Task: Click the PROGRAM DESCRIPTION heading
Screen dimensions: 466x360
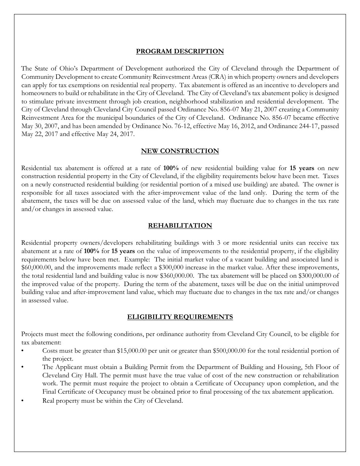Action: (180, 51)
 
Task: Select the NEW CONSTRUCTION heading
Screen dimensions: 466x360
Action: (180, 151)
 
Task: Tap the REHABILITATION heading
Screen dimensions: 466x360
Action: (180, 225)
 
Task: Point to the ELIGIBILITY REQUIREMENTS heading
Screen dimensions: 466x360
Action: (180, 317)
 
